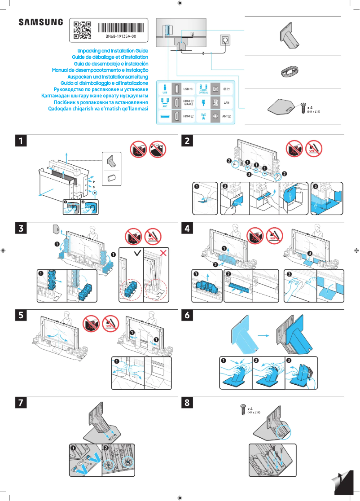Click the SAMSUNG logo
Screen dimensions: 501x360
pos(41,22)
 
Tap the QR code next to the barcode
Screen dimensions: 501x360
pos(82,30)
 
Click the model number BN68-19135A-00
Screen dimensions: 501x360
pos(121,36)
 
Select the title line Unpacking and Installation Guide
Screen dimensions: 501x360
pos(113,51)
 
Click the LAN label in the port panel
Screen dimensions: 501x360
pos(227,103)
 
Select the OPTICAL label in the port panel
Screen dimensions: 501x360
pos(203,92)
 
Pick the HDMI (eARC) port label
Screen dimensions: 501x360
pos(189,103)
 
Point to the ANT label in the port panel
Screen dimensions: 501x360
pos(226,117)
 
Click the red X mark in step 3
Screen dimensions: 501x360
pos(163,254)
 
